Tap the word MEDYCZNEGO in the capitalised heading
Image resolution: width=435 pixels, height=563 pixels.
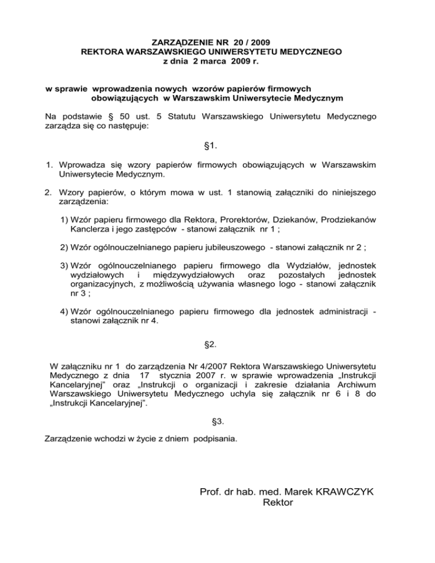pos(310,52)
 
